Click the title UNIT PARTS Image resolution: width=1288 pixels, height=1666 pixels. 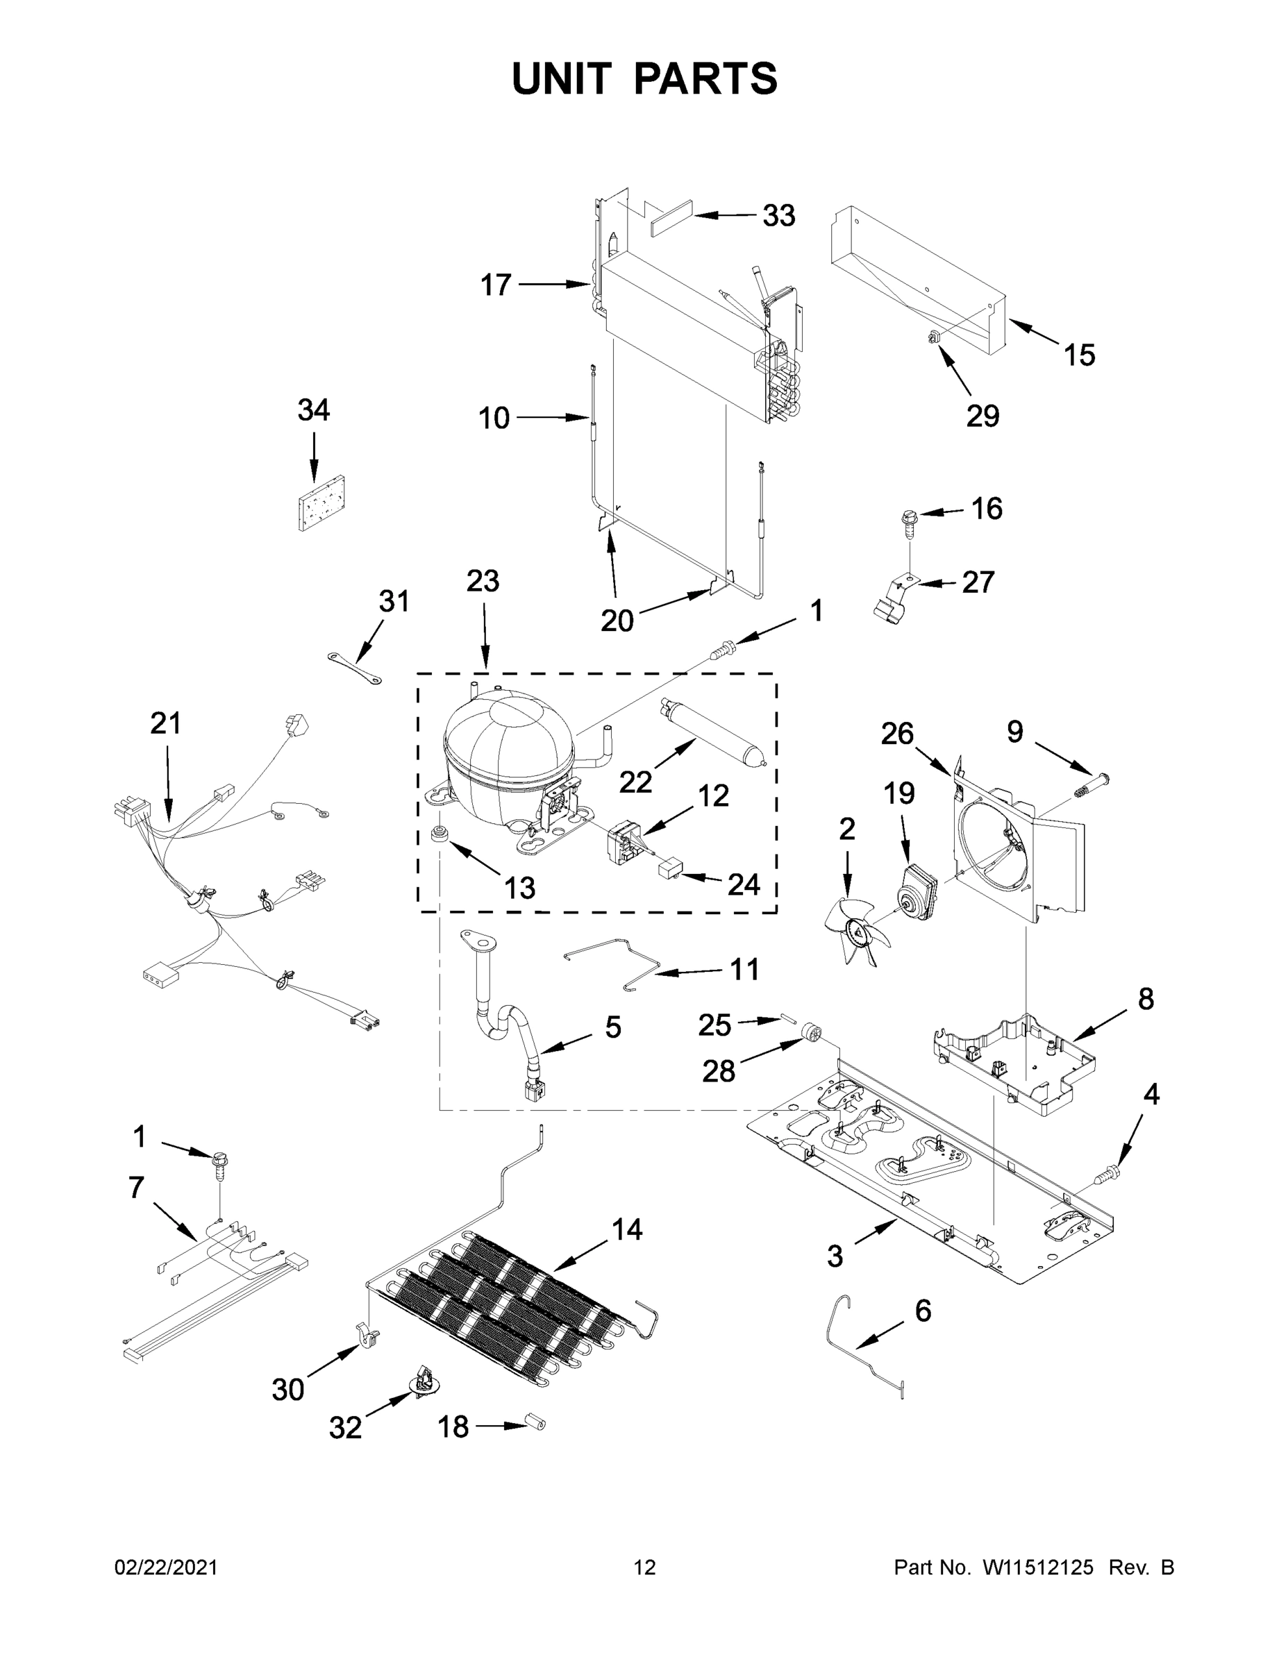(645, 79)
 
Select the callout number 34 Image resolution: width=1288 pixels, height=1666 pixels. (313, 410)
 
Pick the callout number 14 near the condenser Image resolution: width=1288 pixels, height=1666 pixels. (626, 1229)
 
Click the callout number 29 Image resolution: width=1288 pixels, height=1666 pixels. (982, 416)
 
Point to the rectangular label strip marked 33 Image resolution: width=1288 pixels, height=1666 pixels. (671, 218)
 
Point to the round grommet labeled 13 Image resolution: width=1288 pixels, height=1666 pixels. (440, 833)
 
